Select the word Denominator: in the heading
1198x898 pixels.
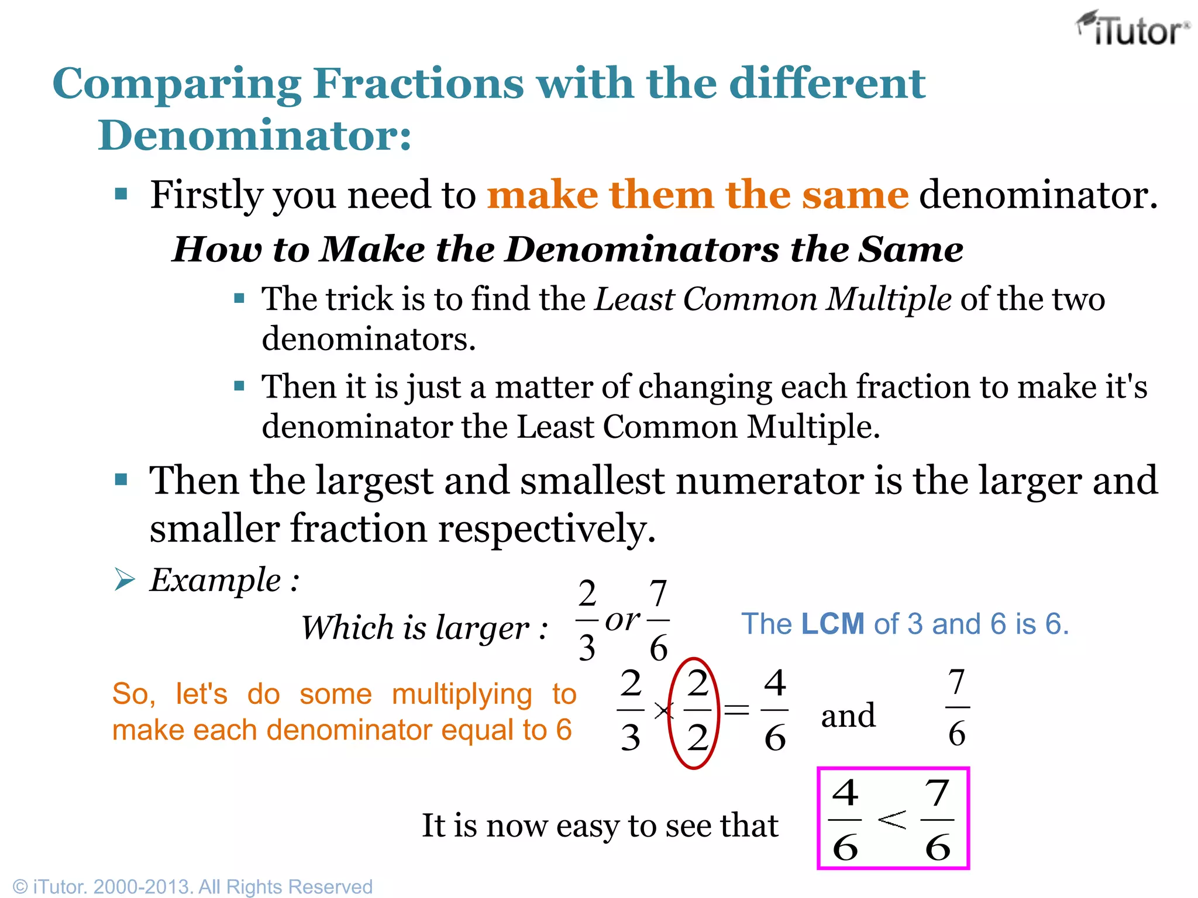click(254, 136)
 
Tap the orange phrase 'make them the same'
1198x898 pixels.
click(698, 195)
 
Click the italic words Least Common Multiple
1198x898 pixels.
click(773, 299)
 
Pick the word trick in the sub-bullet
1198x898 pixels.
click(360, 299)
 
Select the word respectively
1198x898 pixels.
click(547, 529)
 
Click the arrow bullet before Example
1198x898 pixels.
click(125, 580)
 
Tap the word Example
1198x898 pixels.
click(215, 581)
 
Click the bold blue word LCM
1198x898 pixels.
click(832, 624)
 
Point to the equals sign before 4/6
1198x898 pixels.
click(736, 711)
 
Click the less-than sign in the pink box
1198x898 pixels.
click(891, 819)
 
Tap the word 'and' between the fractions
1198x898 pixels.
click(848, 716)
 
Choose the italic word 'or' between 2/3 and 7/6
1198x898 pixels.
click(622, 620)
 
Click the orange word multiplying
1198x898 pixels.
click(462, 695)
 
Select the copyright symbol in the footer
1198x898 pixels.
click(20, 886)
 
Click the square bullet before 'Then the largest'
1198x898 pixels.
click(121, 480)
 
